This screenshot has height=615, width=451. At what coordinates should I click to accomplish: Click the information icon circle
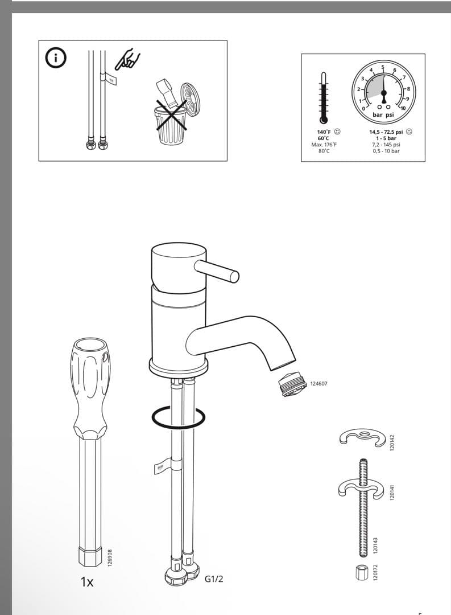(56, 58)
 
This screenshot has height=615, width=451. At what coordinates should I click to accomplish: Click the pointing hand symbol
(128, 59)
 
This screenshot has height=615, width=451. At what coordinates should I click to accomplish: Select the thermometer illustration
(323, 99)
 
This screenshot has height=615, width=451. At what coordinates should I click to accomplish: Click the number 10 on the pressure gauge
(403, 108)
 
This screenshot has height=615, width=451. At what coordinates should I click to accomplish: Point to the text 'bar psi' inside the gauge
(383, 115)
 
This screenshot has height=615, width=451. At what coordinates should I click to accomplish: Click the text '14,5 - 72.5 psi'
(386, 132)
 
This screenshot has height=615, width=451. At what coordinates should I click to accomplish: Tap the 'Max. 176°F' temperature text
(324, 145)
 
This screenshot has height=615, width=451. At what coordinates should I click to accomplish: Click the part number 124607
(318, 384)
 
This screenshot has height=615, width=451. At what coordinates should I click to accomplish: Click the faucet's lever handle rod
(217, 270)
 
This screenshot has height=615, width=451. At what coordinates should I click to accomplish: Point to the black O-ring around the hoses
(178, 418)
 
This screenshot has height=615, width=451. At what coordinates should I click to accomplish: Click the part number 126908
(110, 557)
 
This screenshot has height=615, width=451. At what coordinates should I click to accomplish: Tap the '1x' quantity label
(87, 582)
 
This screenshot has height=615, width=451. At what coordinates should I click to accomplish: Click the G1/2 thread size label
(214, 579)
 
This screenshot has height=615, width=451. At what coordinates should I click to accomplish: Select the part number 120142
(392, 442)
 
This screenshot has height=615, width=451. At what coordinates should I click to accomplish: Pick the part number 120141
(392, 493)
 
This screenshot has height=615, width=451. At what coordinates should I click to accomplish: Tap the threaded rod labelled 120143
(362, 507)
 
